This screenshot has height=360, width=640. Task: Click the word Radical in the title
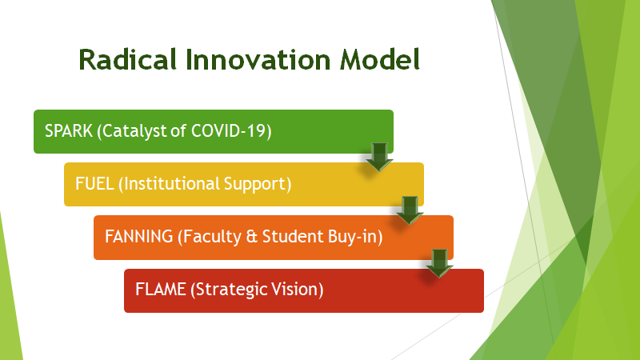(x=128, y=59)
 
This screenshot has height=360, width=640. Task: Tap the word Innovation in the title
(x=258, y=59)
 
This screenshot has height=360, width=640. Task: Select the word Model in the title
(x=380, y=59)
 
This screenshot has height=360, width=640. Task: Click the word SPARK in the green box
(x=69, y=131)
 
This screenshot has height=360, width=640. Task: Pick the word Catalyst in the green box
(x=134, y=131)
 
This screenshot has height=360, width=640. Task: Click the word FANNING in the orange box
(x=138, y=237)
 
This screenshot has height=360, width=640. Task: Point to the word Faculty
(x=212, y=237)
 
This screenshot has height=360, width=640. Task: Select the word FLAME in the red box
(x=161, y=290)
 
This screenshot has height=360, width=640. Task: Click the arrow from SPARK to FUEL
(x=379, y=157)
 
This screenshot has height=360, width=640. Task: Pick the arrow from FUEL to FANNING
(x=410, y=210)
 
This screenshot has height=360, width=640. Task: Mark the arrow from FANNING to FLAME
(x=439, y=263)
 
